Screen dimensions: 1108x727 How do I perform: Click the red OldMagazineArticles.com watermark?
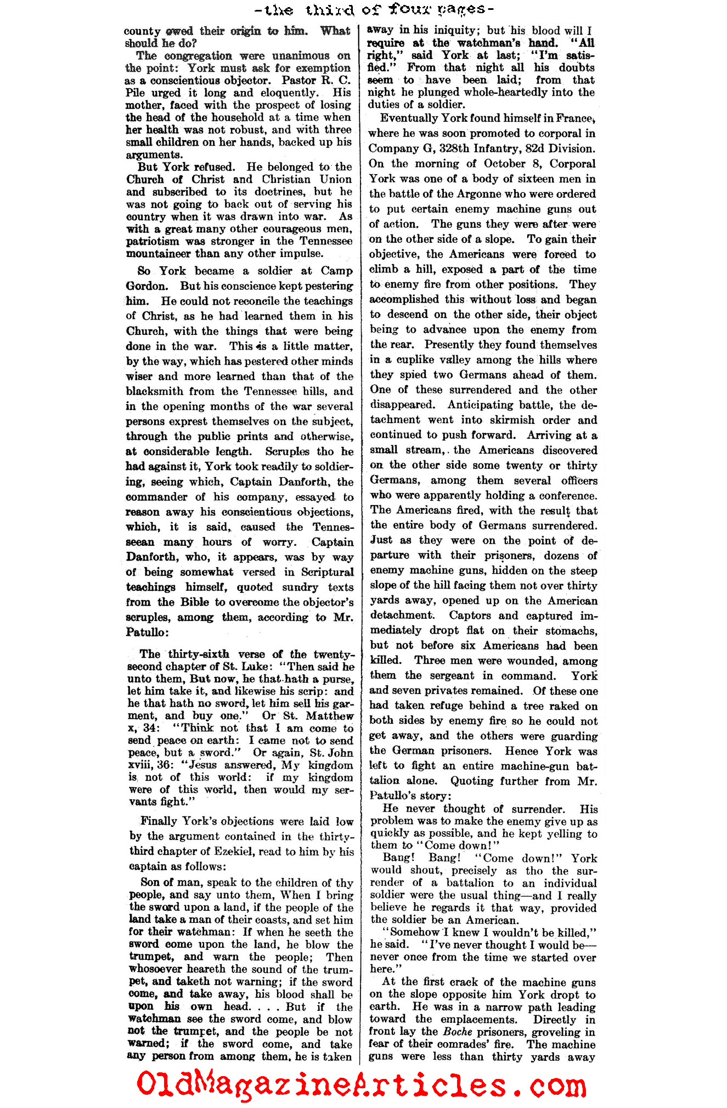pyautogui.click(x=362, y=1084)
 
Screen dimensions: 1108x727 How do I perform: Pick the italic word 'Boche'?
pyautogui.click(x=458, y=1032)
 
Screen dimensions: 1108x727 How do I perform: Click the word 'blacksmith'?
pyautogui.click(x=155, y=391)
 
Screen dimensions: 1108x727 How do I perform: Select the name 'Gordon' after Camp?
pyautogui.click(x=146, y=286)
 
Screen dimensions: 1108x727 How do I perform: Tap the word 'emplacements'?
pyautogui.click(x=482, y=1020)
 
